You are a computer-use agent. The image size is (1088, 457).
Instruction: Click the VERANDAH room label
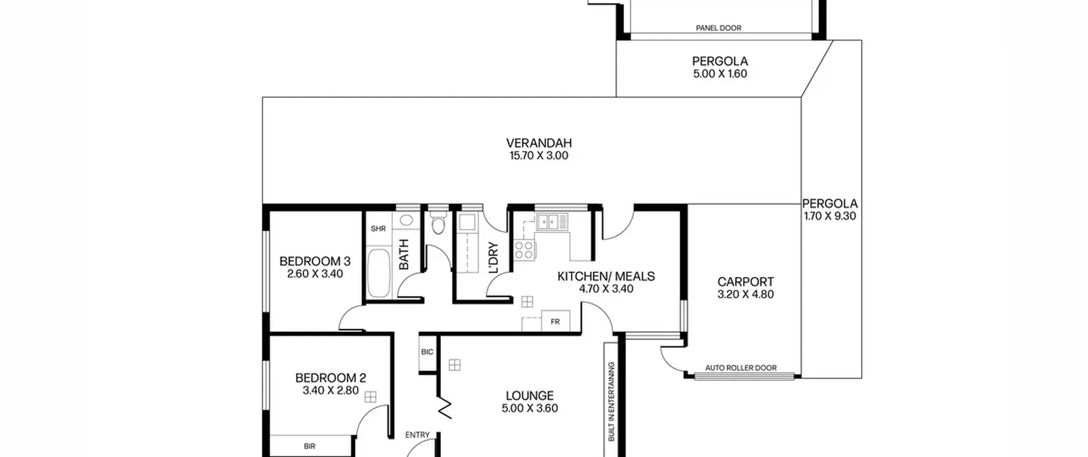(538, 143)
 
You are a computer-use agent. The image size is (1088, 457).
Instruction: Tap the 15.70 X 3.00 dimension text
(538, 156)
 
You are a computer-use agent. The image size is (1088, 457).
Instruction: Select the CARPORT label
(745, 282)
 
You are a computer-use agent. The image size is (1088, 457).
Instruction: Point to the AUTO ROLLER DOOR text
(741, 368)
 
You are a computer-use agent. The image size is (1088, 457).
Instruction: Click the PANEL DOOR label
(718, 28)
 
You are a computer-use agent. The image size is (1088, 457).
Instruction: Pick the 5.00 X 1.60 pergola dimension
(720, 74)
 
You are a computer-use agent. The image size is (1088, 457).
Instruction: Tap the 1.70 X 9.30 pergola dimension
(830, 216)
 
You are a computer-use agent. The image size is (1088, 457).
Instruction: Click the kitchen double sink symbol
(551, 222)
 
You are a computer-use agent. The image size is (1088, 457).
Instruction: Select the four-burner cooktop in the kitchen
(524, 250)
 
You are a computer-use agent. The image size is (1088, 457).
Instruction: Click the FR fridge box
(555, 321)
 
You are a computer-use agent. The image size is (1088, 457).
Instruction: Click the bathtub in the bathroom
(378, 273)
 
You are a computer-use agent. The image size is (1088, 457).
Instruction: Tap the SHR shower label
(378, 229)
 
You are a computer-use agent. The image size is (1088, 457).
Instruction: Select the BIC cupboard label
(427, 352)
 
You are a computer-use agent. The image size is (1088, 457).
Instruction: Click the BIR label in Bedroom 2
(310, 446)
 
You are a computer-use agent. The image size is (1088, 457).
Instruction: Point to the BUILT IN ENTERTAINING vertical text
(611, 402)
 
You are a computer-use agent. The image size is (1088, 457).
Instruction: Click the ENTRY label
(417, 435)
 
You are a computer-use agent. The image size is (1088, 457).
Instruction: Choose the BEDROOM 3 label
(315, 261)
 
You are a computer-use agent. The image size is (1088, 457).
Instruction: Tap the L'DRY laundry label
(493, 258)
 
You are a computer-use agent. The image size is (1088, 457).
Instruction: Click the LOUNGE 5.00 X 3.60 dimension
(530, 408)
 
